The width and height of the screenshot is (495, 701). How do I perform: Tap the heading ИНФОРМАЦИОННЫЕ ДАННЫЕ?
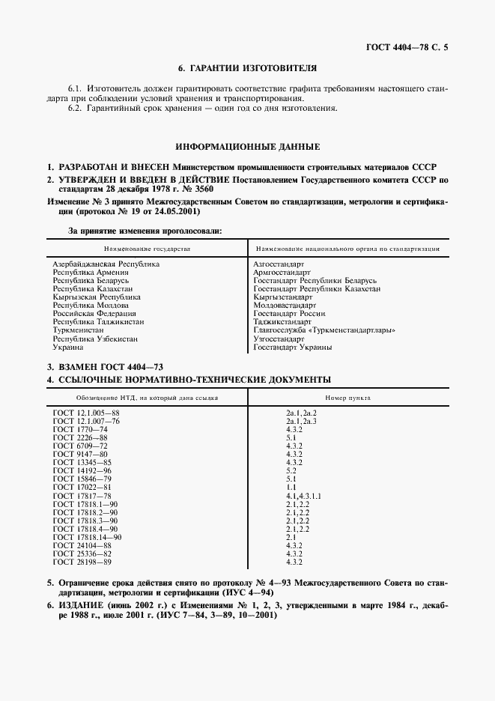[x=247, y=146]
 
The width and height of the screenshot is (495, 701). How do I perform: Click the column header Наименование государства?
[x=148, y=248]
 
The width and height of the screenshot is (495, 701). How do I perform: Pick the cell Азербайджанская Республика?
[x=106, y=264]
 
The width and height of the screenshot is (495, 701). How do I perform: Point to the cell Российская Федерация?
[x=94, y=314]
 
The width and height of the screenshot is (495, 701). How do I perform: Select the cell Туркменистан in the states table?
[x=79, y=330]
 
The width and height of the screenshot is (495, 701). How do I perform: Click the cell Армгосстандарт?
[x=282, y=273]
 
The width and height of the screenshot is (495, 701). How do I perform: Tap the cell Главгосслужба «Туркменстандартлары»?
[x=324, y=330]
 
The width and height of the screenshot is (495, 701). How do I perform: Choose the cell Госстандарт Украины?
[x=293, y=347]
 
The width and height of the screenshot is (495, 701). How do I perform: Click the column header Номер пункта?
[x=347, y=398]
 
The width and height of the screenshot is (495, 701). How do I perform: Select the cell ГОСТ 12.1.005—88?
[x=86, y=413]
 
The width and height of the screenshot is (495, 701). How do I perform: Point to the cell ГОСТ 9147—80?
[x=79, y=454]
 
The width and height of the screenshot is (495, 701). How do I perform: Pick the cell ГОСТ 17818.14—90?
[x=87, y=537]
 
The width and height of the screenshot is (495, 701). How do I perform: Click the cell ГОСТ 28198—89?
[x=82, y=562]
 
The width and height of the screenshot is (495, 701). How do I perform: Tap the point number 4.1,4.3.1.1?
[x=305, y=495]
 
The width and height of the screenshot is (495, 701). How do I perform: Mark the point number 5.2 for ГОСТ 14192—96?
[x=291, y=470]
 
